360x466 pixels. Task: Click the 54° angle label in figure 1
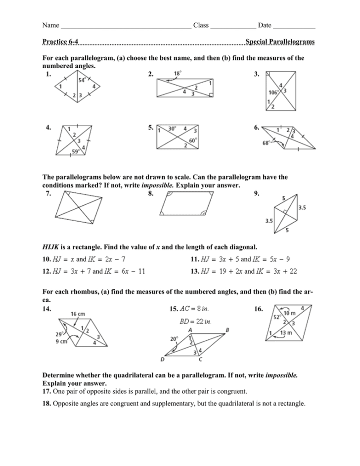(x=81, y=79)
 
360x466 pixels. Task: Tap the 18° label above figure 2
(x=178, y=74)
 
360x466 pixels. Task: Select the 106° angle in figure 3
(x=273, y=92)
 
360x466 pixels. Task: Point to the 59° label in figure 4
(x=75, y=152)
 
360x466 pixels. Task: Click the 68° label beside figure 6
(x=268, y=144)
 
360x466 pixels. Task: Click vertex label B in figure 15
(x=227, y=329)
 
